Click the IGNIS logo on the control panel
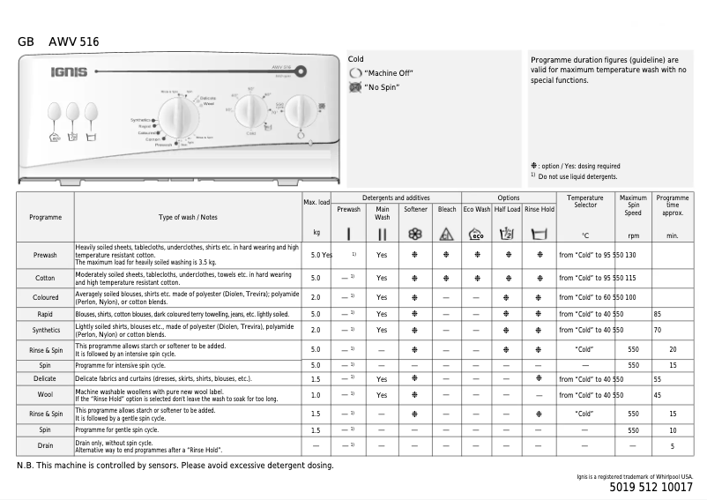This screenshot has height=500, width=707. pos(68,71)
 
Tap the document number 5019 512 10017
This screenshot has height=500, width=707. pos(651,487)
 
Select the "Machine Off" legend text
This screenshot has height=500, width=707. pos(389,73)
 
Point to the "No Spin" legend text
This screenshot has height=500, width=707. pos(383,88)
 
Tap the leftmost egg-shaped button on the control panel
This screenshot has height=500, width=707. pos(55,111)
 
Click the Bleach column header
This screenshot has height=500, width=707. pos(447,210)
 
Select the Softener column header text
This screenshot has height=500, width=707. pos(415,210)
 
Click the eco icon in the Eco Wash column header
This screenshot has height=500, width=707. pos(476,235)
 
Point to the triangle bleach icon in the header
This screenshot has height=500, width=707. pos(447,235)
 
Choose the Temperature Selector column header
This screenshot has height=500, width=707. pos(585,202)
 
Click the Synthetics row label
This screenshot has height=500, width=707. pos(45,330)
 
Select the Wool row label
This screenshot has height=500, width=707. pos(45,395)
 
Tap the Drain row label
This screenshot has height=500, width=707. pos(45,446)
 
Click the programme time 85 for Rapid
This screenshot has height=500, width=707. pos(658,314)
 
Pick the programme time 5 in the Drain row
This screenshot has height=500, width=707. pos(673,446)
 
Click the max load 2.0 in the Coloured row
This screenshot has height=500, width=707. pos(316,297)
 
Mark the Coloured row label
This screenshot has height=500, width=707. pos(45,297)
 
